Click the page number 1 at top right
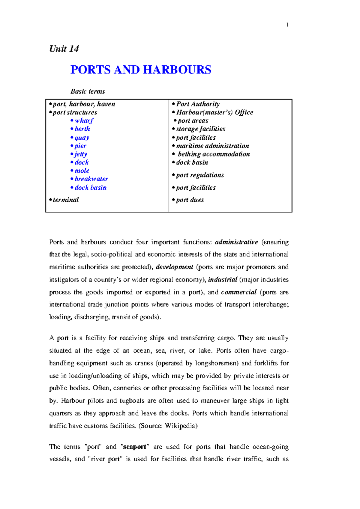(287, 25)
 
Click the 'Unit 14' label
(64, 49)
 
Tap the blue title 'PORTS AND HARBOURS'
(141, 70)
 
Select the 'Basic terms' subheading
(88, 91)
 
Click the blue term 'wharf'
(84, 121)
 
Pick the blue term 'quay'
(82, 138)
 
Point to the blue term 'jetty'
(81, 154)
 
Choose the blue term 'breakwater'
(91, 179)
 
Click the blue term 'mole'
(82, 171)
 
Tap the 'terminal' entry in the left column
(65, 200)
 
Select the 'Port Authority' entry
(198, 104)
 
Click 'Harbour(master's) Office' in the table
(214, 112)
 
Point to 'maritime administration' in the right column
(212, 146)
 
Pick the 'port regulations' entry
(200, 175)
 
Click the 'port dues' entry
(190, 200)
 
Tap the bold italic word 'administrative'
(236, 242)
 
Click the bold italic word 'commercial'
(239, 292)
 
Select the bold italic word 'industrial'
(223, 280)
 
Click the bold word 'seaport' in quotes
(134, 447)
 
